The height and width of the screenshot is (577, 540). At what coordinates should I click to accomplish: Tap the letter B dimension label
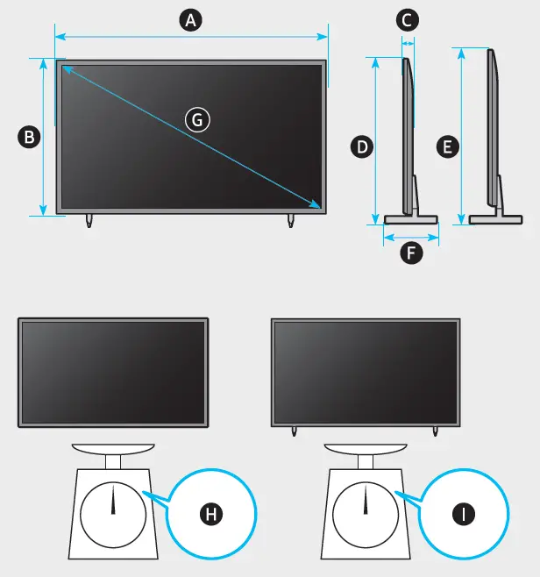29,137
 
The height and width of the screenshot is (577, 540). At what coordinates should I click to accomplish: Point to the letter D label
361,146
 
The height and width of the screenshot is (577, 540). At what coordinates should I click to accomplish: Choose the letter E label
447,146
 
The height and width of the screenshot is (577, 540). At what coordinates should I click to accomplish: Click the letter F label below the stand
409,254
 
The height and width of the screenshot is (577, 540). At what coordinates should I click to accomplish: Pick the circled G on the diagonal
199,119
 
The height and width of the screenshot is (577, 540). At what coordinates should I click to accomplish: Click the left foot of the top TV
89,220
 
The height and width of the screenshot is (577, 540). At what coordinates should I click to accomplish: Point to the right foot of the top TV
292,220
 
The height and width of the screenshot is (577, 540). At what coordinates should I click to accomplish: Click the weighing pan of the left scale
113,448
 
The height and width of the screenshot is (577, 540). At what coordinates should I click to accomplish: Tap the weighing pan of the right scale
366,448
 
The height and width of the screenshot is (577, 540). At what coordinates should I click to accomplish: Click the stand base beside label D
411,218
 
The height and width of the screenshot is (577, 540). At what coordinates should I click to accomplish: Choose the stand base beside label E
496,218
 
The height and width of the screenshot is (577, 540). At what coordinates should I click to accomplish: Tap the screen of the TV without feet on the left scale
113,372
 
